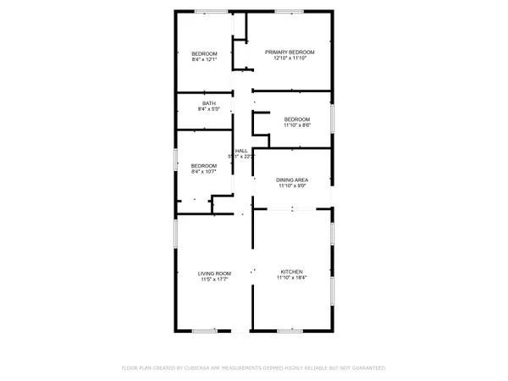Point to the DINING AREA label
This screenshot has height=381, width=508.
[291, 180]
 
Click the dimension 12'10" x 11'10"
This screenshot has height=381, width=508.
[289, 58]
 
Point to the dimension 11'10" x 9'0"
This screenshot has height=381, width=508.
[291, 186]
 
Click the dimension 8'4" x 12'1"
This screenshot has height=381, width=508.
[205, 59]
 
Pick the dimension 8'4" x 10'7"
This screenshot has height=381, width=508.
[204, 171]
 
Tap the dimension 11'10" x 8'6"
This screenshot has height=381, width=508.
[296, 124]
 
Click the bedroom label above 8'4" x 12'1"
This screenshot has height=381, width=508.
[205, 53]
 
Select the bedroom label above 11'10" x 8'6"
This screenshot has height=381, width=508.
[296, 119]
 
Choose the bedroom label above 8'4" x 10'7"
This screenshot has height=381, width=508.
[204, 165]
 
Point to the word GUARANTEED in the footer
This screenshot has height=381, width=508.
[368, 368]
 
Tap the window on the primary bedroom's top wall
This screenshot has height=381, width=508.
[289, 11]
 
